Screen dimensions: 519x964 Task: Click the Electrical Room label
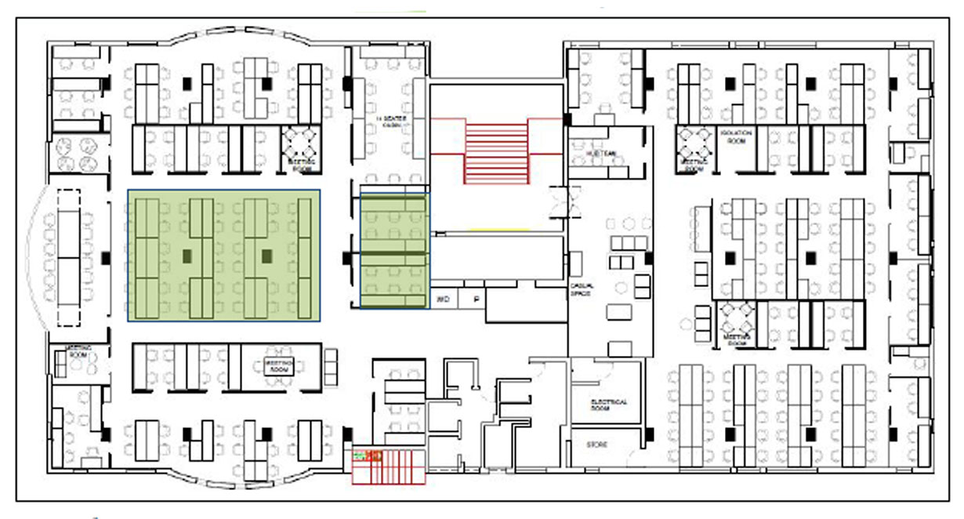(609, 405)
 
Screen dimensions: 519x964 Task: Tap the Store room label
(597, 445)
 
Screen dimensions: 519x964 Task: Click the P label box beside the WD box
(474, 299)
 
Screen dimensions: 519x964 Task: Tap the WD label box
(443, 299)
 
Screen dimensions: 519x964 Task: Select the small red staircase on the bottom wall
(388, 466)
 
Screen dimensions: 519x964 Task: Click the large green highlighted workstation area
(224, 256)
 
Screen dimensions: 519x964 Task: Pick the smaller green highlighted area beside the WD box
(394, 251)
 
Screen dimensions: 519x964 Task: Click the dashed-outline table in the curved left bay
(71, 257)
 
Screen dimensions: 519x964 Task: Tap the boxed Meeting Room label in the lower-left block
(279, 367)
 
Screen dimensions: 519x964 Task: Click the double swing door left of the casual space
(566, 202)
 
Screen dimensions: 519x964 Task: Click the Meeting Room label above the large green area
(303, 165)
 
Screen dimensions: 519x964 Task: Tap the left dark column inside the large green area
(187, 256)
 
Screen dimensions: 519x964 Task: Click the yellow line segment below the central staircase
(496, 229)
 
